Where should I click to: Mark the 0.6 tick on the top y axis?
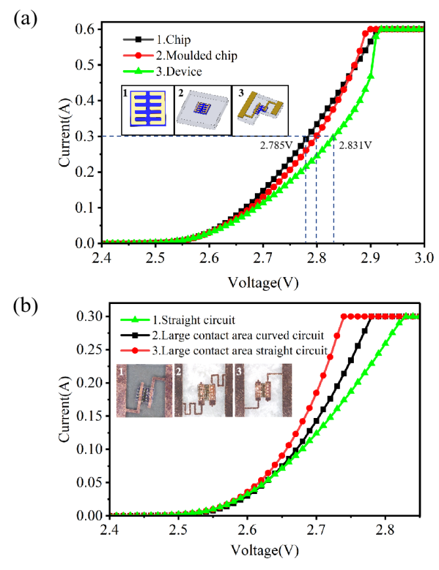(x=88, y=29)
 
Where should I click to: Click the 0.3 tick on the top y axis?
(x=88, y=136)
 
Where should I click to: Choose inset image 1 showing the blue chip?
(x=147, y=110)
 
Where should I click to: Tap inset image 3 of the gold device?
(x=260, y=110)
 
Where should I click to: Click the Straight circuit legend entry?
(x=191, y=321)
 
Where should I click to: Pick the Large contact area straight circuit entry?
(x=240, y=350)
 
